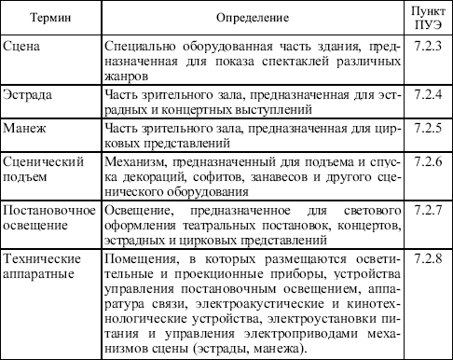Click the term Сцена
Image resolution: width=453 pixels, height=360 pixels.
(x=21, y=47)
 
